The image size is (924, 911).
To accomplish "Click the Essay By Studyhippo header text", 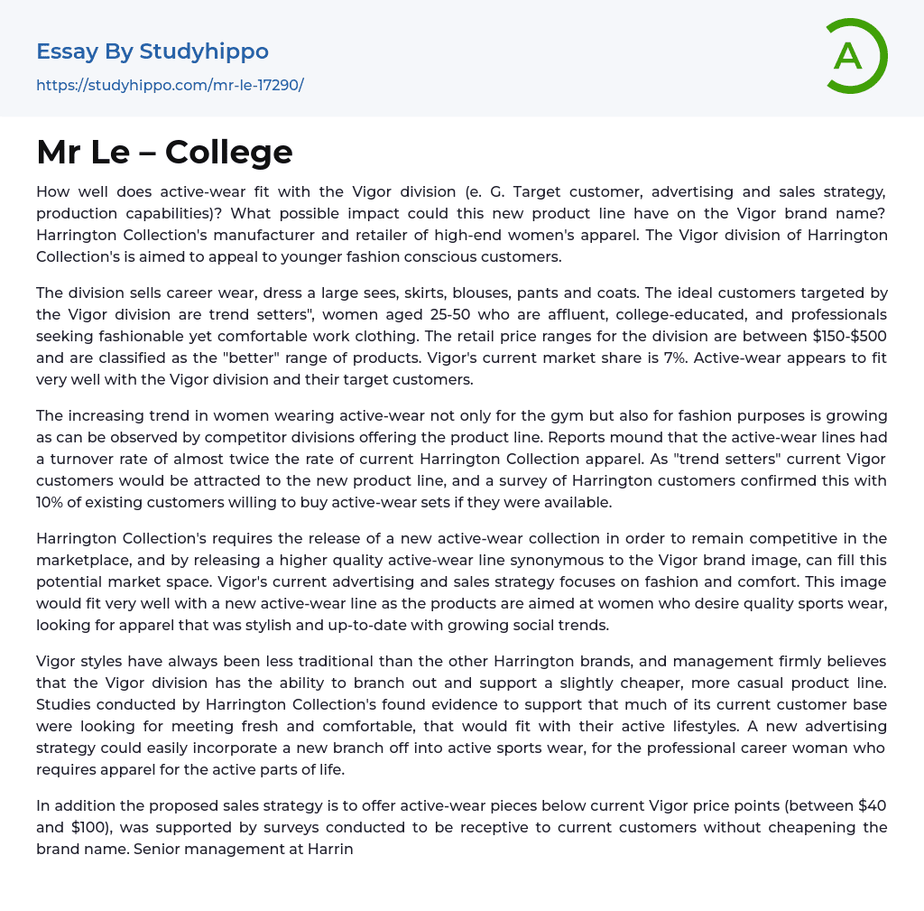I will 152,51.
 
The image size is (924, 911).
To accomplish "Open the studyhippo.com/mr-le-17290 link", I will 170,85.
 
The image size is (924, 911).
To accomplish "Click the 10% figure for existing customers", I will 51,502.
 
